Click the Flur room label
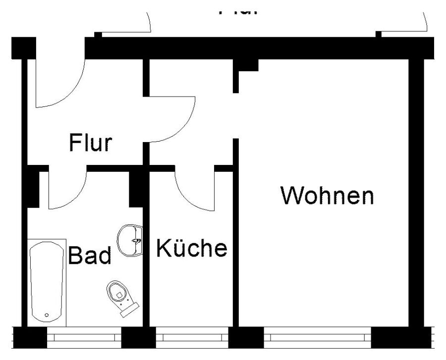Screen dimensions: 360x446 (90, 143)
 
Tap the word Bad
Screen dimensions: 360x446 (89, 256)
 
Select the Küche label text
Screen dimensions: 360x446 (192, 248)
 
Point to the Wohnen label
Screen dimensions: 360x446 (327, 196)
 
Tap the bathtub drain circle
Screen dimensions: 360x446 (47, 315)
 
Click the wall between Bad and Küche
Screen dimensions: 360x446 (146, 267)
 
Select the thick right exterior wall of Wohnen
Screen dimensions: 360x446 (416, 193)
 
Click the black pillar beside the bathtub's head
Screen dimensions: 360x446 (33, 188)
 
